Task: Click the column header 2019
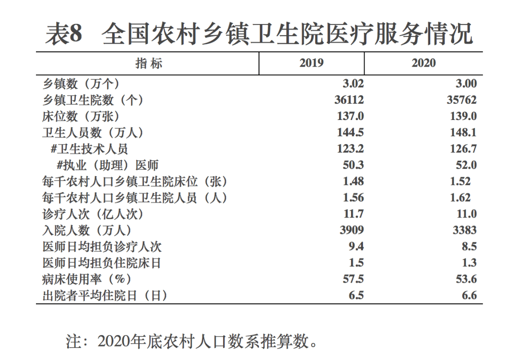click(x=311, y=63)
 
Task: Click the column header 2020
click(x=424, y=63)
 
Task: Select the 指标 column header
click(x=149, y=63)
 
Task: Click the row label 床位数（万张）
click(x=81, y=116)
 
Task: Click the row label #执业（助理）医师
click(x=107, y=165)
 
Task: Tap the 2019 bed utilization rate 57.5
click(x=353, y=279)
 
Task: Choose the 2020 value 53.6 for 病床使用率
click(x=466, y=279)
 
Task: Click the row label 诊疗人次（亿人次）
click(x=93, y=214)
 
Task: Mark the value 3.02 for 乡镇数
click(x=353, y=84)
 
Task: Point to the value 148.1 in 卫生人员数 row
click(x=463, y=132)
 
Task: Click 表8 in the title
click(x=64, y=34)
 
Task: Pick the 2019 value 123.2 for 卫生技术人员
click(x=350, y=149)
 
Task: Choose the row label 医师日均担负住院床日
click(x=102, y=263)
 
